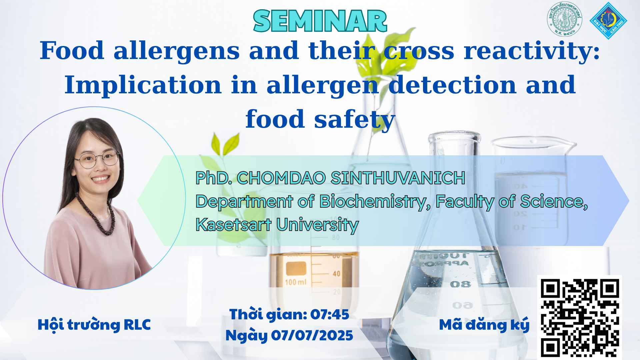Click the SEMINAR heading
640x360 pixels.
click(x=320, y=21)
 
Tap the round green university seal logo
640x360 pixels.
click(x=565, y=19)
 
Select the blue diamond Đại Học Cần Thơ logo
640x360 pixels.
click(x=609, y=21)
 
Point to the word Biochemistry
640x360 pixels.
click(x=373, y=202)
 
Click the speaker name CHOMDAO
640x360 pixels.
click(x=281, y=178)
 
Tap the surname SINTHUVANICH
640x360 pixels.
click(x=398, y=178)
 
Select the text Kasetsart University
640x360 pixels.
click(x=277, y=225)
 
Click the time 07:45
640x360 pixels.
click(x=330, y=314)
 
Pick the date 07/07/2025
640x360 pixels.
click(x=312, y=335)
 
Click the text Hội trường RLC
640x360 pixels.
click(x=94, y=325)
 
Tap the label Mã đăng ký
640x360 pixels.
click(x=484, y=325)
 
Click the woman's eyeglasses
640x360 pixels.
click(x=97, y=160)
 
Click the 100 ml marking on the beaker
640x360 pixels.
click(x=295, y=282)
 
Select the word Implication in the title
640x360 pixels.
click(x=143, y=85)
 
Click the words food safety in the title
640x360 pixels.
click(x=320, y=120)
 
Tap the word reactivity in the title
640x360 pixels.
click(x=532, y=51)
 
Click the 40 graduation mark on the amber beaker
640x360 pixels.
click(x=336, y=274)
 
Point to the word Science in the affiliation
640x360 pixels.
click(x=554, y=202)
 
